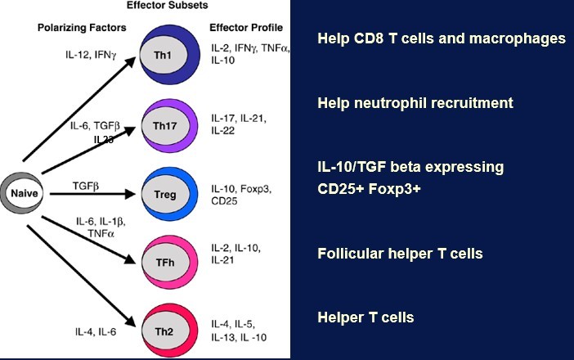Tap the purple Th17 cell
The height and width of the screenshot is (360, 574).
pyautogui.click(x=165, y=125)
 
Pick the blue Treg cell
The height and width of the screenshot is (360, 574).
pyautogui.click(x=165, y=196)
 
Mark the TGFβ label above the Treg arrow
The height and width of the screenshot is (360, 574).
pyautogui.click(x=86, y=186)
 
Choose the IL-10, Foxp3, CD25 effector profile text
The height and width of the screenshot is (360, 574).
pyautogui.click(x=242, y=195)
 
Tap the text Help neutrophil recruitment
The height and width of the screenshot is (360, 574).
pyautogui.click(x=415, y=103)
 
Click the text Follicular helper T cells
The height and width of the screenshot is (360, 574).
pyautogui.click(x=400, y=254)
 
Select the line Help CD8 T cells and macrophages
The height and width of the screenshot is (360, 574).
pyautogui.click(x=441, y=38)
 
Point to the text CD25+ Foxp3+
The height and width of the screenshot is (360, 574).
pyautogui.click(x=369, y=189)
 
